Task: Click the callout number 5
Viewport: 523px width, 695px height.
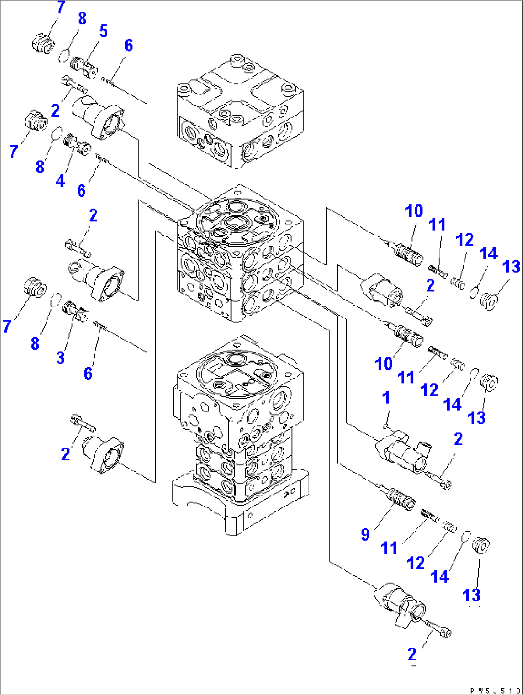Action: click(x=103, y=32)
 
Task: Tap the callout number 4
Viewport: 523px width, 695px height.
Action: click(x=60, y=181)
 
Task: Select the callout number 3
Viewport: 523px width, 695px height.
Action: click(x=60, y=357)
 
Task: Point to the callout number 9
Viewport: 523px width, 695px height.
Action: click(x=366, y=534)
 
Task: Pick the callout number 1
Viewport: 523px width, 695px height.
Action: click(x=386, y=398)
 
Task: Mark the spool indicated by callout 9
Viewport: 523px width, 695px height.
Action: click(x=399, y=497)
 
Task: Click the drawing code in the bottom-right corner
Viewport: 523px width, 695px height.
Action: click(x=495, y=691)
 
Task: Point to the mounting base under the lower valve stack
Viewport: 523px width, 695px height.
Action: click(x=240, y=504)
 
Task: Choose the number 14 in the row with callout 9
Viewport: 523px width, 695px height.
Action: click(x=440, y=576)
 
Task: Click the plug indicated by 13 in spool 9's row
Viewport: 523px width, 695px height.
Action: click(x=481, y=546)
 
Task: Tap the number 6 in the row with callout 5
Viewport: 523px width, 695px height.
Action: click(x=128, y=46)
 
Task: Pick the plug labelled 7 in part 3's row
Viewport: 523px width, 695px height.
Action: click(x=35, y=288)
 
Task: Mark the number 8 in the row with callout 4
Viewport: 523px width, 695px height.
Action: click(x=40, y=167)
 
